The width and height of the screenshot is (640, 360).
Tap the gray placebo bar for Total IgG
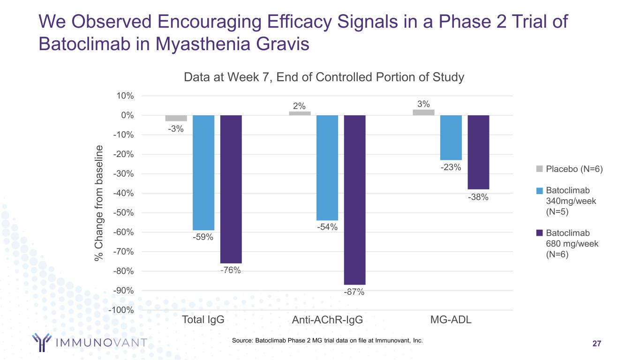[x=176, y=118]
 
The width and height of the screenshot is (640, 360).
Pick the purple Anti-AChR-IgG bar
[x=354, y=200]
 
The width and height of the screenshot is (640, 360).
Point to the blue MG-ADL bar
[x=451, y=138]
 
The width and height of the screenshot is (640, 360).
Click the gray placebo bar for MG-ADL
[x=423, y=112]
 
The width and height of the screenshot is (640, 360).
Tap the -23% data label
[x=451, y=167]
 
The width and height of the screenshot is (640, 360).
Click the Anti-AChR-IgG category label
[x=327, y=321]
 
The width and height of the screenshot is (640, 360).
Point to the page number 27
[x=596, y=344]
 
